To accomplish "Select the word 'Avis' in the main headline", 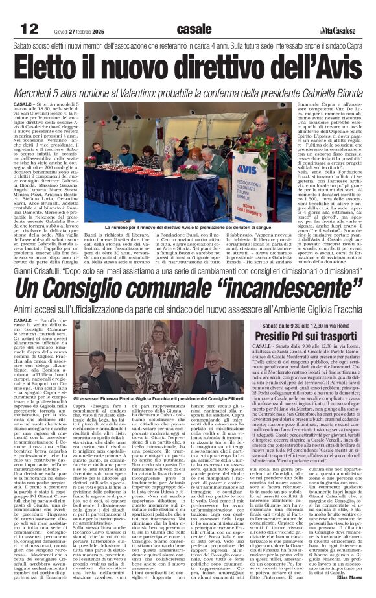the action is pos(329,67).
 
